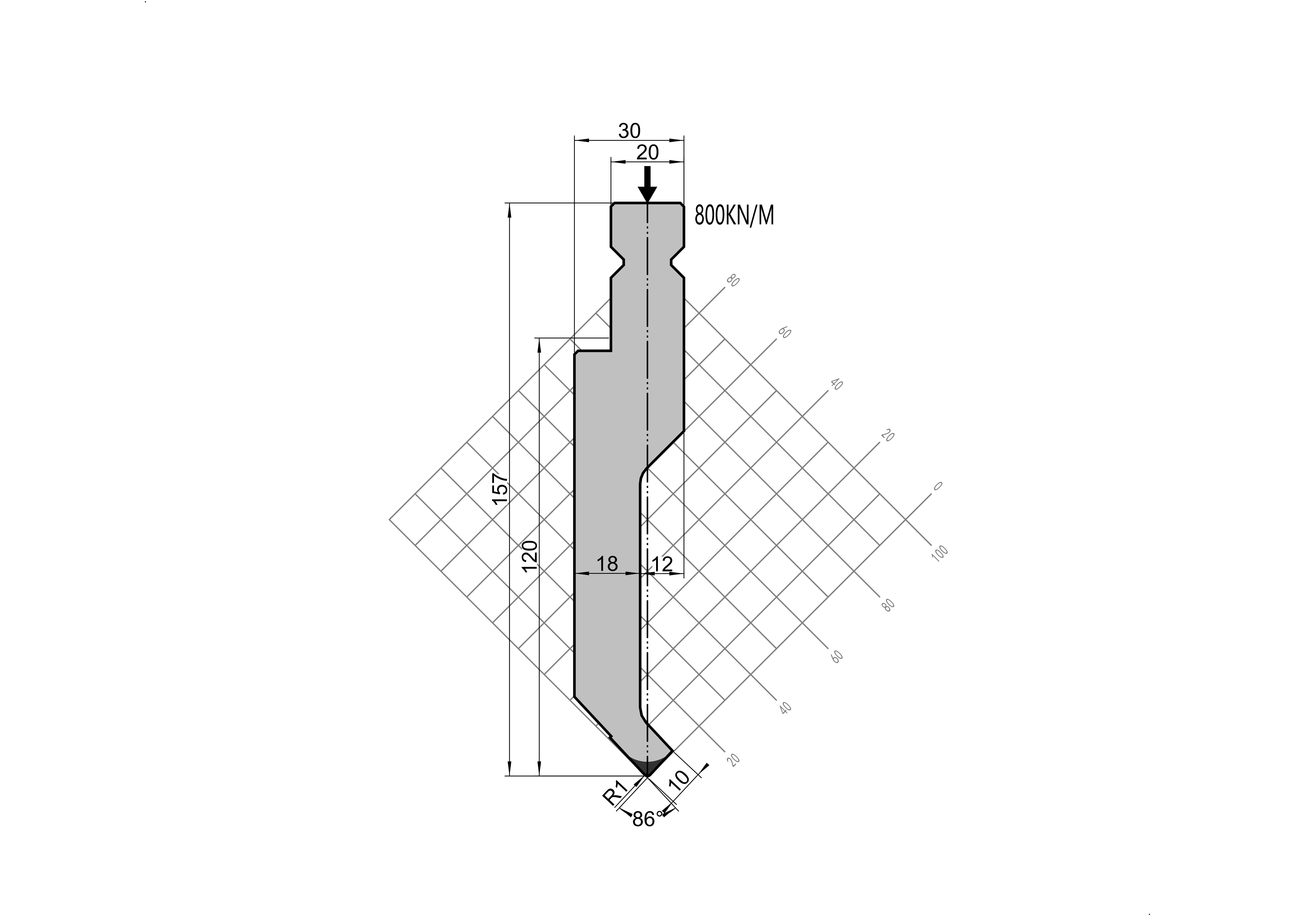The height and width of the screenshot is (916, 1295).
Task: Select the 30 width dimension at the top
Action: pyautogui.click(x=629, y=131)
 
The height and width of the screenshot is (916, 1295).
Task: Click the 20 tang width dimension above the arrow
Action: pyautogui.click(x=648, y=152)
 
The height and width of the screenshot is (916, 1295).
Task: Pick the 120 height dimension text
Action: pyautogui.click(x=530, y=556)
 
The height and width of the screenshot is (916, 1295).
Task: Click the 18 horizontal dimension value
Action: pyautogui.click(x=607, y=563)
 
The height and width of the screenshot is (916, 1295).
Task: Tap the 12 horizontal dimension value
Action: pyautogui.click(x=662, y=563)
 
